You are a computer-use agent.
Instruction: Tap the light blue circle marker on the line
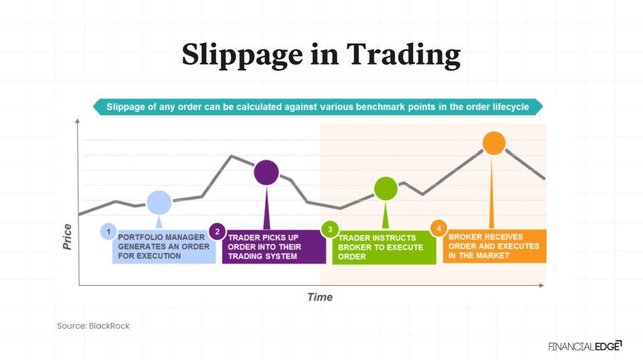point(159,202)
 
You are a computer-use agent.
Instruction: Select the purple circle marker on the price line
point(266,172)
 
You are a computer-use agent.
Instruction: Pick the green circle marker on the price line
point(386,188)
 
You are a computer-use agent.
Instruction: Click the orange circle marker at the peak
point(494,143)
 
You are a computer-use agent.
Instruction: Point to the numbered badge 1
point(109,231)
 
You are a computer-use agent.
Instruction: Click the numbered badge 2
point(217,231)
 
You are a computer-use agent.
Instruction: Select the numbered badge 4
point(438,228)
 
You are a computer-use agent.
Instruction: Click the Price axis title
point(67,237)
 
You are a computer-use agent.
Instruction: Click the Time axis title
point(320,297)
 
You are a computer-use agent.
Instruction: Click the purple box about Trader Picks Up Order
point(274,247)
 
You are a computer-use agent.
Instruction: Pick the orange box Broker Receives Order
point(494,246)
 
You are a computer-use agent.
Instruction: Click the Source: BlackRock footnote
point(93,326)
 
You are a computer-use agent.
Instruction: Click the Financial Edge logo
point(585,346)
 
